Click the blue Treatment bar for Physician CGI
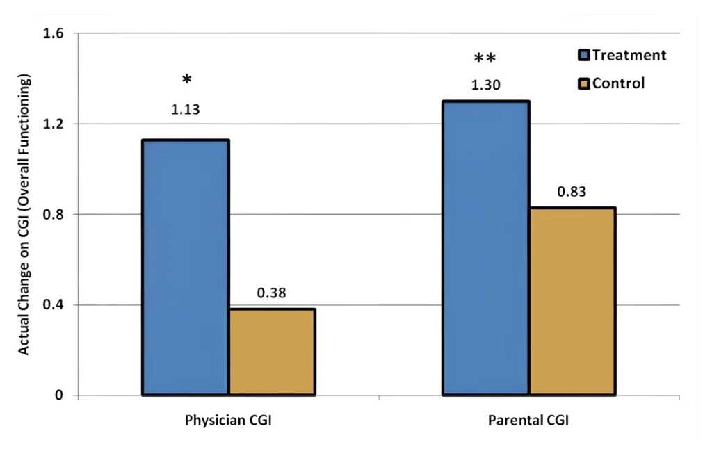coord(186,268)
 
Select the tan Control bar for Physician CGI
coord(272,352)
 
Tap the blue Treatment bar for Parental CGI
coord(486,248)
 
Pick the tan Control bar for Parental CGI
coord(572,301)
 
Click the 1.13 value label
coord(186,109)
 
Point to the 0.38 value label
coord(272,293)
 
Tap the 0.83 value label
coord(572,191)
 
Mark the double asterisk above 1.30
coord(485,58)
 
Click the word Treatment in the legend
coord(629,56)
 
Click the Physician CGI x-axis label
coord(228,421)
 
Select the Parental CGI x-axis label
coord(528,421)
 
